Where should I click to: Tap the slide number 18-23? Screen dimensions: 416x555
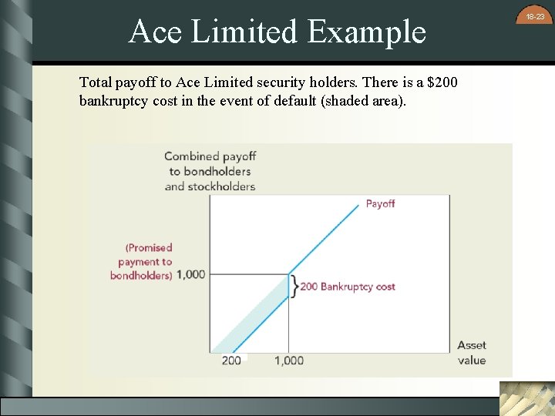click(535, 16)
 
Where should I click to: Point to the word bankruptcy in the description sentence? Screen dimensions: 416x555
click(113, 101)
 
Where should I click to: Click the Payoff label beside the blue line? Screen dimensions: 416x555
click(380, 203)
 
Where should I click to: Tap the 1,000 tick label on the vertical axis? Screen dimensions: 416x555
click(190, 274)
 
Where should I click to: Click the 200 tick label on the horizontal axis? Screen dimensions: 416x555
click(231, 361)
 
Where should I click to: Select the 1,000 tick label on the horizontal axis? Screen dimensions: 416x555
click(289, 361)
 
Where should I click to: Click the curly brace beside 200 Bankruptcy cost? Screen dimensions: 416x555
click(294, 287)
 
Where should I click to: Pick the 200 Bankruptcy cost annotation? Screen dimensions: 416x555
click(348, 287)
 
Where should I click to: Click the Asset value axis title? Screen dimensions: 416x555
click(471, 353)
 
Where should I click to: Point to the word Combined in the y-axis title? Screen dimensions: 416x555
click(192, 157)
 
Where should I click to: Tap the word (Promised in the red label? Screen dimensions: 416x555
click(149, 247)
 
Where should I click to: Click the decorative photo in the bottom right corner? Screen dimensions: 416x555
click(526, 398)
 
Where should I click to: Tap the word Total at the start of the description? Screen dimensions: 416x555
click(96, 81)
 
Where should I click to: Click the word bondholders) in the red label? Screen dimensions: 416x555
click(141, 275)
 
